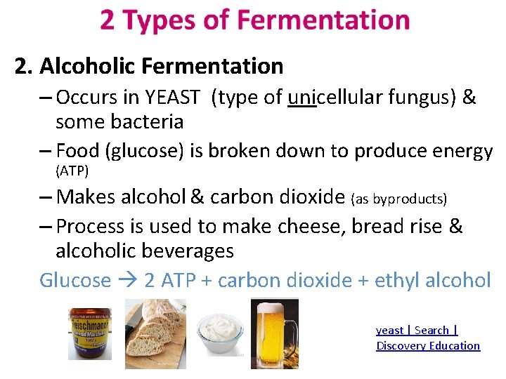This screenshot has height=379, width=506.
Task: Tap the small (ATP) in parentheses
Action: click(x=72, y=171)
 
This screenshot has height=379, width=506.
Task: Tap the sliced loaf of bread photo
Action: click(x=155, y=333)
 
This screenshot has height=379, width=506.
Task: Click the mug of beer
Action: click(x=274, y=333)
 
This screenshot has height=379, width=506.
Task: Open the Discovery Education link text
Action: click(x=428, y=345)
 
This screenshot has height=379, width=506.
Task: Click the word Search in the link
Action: click(x=432, y=330)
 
